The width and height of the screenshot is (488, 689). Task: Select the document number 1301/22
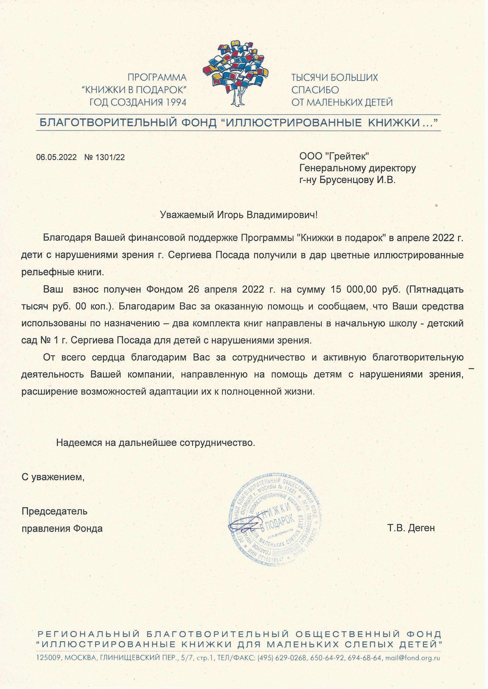[x=110, y=157]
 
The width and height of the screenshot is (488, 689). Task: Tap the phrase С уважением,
[x=53, y=477]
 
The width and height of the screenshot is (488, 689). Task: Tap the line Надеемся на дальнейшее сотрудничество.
[x=156, y=443]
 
